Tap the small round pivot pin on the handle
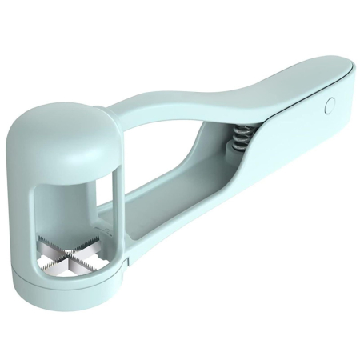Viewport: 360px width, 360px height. [329, 105]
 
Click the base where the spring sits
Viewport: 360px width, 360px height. [228, 160]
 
